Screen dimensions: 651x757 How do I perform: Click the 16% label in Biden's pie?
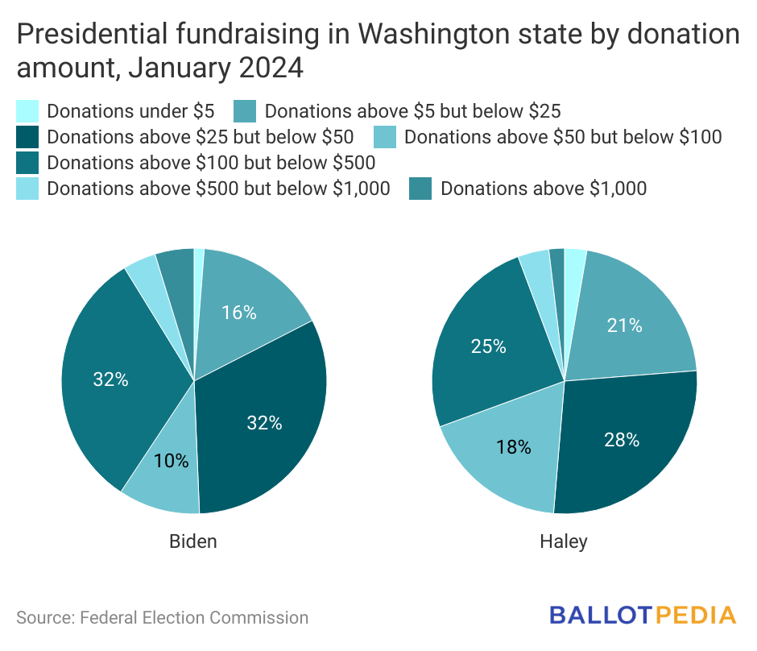[239, 313]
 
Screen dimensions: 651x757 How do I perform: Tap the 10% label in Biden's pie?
[172, 461]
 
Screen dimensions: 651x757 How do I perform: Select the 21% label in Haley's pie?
[626, 325]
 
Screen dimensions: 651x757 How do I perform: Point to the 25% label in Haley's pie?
[488, 346]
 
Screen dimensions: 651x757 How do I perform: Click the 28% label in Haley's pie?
[622, 440]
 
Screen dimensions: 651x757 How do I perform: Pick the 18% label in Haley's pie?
[514, 447]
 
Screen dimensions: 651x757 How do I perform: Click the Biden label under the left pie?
[193, 541]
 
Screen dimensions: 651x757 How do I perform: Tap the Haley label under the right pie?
[564, 541]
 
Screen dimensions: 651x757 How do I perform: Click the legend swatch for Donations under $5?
[27, 111]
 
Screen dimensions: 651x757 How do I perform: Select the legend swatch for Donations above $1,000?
[420, 189]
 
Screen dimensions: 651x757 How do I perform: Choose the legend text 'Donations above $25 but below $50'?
[201, 137]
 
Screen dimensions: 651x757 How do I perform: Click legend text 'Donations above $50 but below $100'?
[563, 137]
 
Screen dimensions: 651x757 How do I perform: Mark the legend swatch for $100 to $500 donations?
[27, 163]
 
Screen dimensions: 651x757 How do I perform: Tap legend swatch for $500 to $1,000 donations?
[27, 189]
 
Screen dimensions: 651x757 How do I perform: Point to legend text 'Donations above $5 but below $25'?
[412, 111]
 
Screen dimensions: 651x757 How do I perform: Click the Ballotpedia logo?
[643, 616]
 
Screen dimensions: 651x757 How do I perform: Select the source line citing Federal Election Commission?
[163, 618]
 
